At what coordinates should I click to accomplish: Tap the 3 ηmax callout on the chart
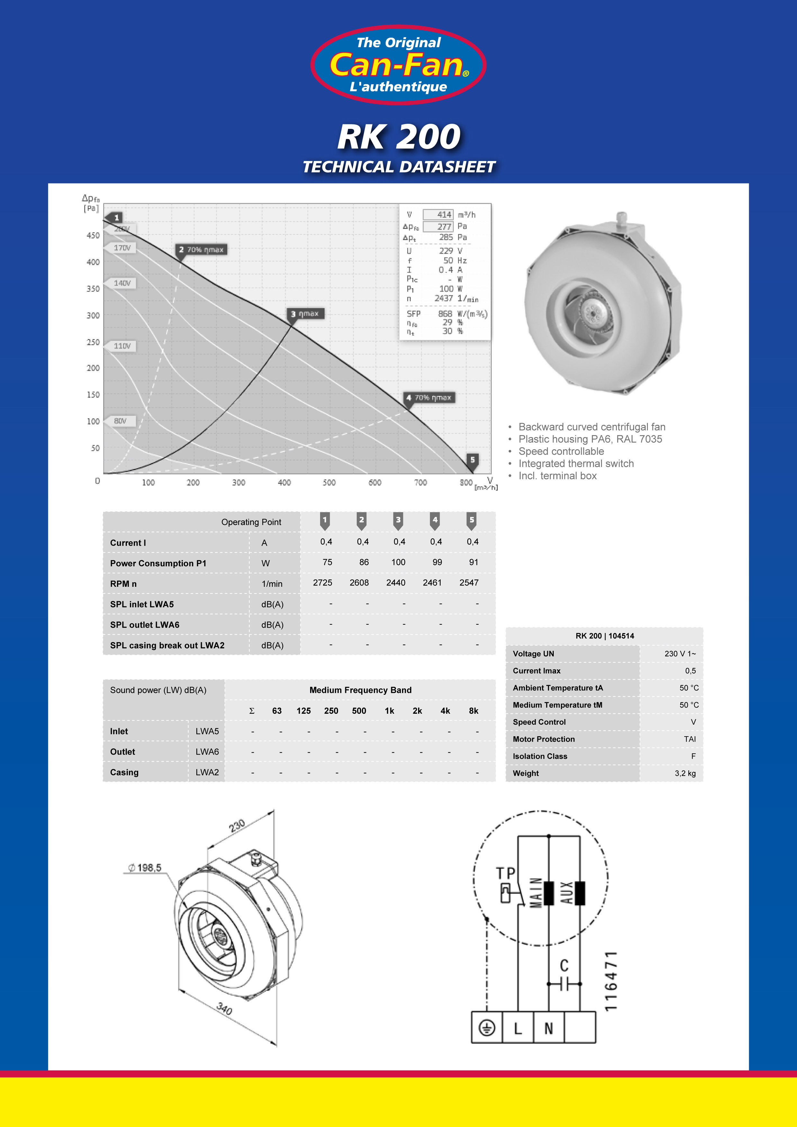pos(305,314)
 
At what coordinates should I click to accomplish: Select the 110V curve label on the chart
pos(122,346)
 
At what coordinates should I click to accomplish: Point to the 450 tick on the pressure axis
pos(93,235)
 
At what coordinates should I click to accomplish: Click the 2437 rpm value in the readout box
pos(443,299)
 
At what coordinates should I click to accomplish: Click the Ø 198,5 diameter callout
pos(145,868)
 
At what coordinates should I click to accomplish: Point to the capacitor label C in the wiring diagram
pos(564,965)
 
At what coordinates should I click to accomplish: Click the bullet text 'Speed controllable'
pos(561,451)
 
